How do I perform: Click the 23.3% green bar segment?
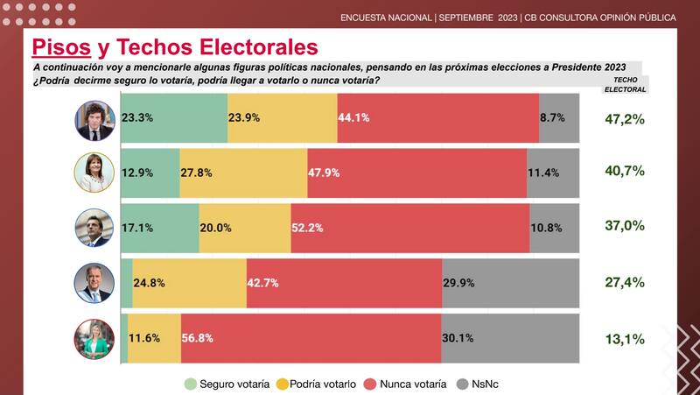coord(173,117)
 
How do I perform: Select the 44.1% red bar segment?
coord(437,117)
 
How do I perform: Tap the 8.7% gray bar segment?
coord(559,117)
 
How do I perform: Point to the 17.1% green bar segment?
coord(159,228)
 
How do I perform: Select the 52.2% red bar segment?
coord(409,228)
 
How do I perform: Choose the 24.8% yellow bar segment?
coord(189,283)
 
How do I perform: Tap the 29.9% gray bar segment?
coord(510,283)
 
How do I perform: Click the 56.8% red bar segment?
coord(311,337)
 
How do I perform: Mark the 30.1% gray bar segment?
coord(510,337)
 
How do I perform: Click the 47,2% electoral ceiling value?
coord(625,118)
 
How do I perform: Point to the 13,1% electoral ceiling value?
coord(625,338)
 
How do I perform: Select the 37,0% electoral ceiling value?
coord(625,226)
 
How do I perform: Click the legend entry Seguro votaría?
coord(226,384)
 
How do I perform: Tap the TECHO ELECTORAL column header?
coord(625,84)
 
